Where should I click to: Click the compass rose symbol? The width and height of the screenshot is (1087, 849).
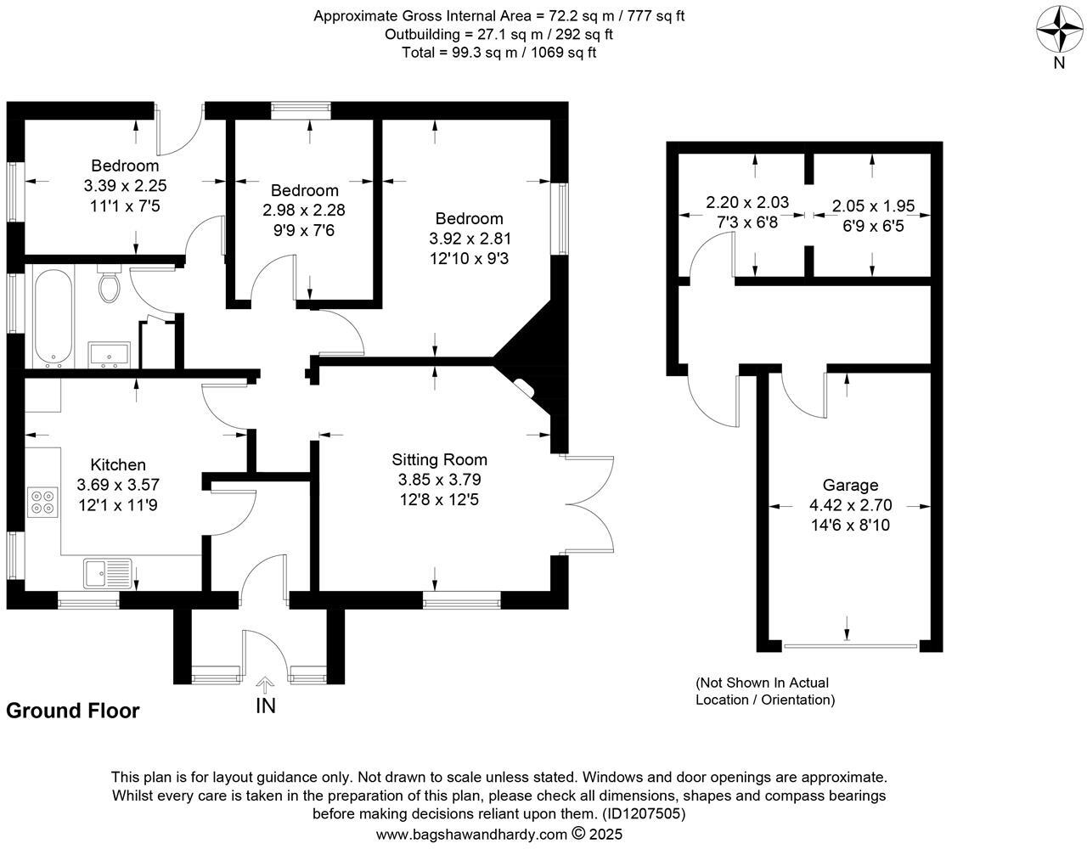click(x=1059, y=31)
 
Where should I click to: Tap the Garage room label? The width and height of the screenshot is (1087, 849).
click(x=850, y=486)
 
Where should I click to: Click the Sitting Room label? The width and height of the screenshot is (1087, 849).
click(x=439, y=460)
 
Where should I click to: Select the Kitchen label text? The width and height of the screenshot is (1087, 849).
click(x=118, y=464)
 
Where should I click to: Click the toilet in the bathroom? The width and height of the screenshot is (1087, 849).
click(x=110, y=285)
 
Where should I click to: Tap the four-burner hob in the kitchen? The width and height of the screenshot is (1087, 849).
click(x=42, y=501)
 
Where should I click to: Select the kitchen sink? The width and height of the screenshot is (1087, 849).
click(x=106, y=573)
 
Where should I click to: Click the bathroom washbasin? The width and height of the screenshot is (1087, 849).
click(x=109, y=354)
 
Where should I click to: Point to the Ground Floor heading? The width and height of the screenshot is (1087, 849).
click(x=72, y=711)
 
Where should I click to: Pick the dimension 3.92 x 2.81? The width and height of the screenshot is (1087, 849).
click(x=470, y=239)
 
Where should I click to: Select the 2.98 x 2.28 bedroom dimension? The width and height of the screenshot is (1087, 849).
click(x=304, y=210)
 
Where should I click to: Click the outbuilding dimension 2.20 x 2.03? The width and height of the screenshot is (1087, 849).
click(x=747, y=203)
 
